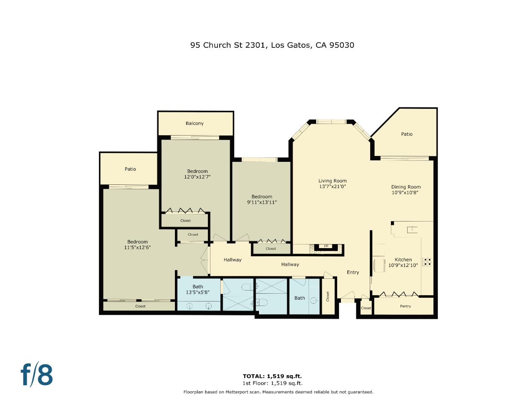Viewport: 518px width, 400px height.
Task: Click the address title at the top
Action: click(x=272, y=45)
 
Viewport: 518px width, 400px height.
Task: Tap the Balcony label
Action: click(x=195, y=123)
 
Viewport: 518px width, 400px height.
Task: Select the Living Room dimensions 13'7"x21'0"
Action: click(x=332, y=187)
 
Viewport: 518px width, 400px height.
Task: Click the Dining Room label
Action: click(x=406, y=187)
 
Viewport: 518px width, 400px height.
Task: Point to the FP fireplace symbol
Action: click(x=326, y=246)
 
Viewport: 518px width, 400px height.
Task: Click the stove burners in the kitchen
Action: click(x=427, y=261)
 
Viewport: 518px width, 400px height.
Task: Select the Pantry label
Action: click(x=405, y=306)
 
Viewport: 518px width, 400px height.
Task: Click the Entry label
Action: click(x=353, y=272)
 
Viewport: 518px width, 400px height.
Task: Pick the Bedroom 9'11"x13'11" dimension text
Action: click(x=262, y=202)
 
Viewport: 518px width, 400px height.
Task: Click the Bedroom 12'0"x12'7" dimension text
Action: click(x=197, y=177)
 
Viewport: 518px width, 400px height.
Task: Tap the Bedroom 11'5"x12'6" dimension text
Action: click(x=137, y=247)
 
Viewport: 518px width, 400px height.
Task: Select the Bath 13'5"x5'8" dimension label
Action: click(x=198, y=292)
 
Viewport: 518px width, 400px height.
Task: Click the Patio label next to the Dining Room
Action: click(x=406, y=134)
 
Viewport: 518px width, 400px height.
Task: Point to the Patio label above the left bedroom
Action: click(x=130, y=169)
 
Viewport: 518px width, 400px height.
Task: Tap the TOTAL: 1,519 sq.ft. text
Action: click(x=272, y=376)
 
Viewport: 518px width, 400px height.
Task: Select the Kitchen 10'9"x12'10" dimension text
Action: click(x=403, y=265)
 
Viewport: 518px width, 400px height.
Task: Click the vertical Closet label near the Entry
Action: click(x=328, y=296)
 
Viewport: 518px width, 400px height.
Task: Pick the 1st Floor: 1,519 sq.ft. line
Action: click(x=272, y=383)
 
